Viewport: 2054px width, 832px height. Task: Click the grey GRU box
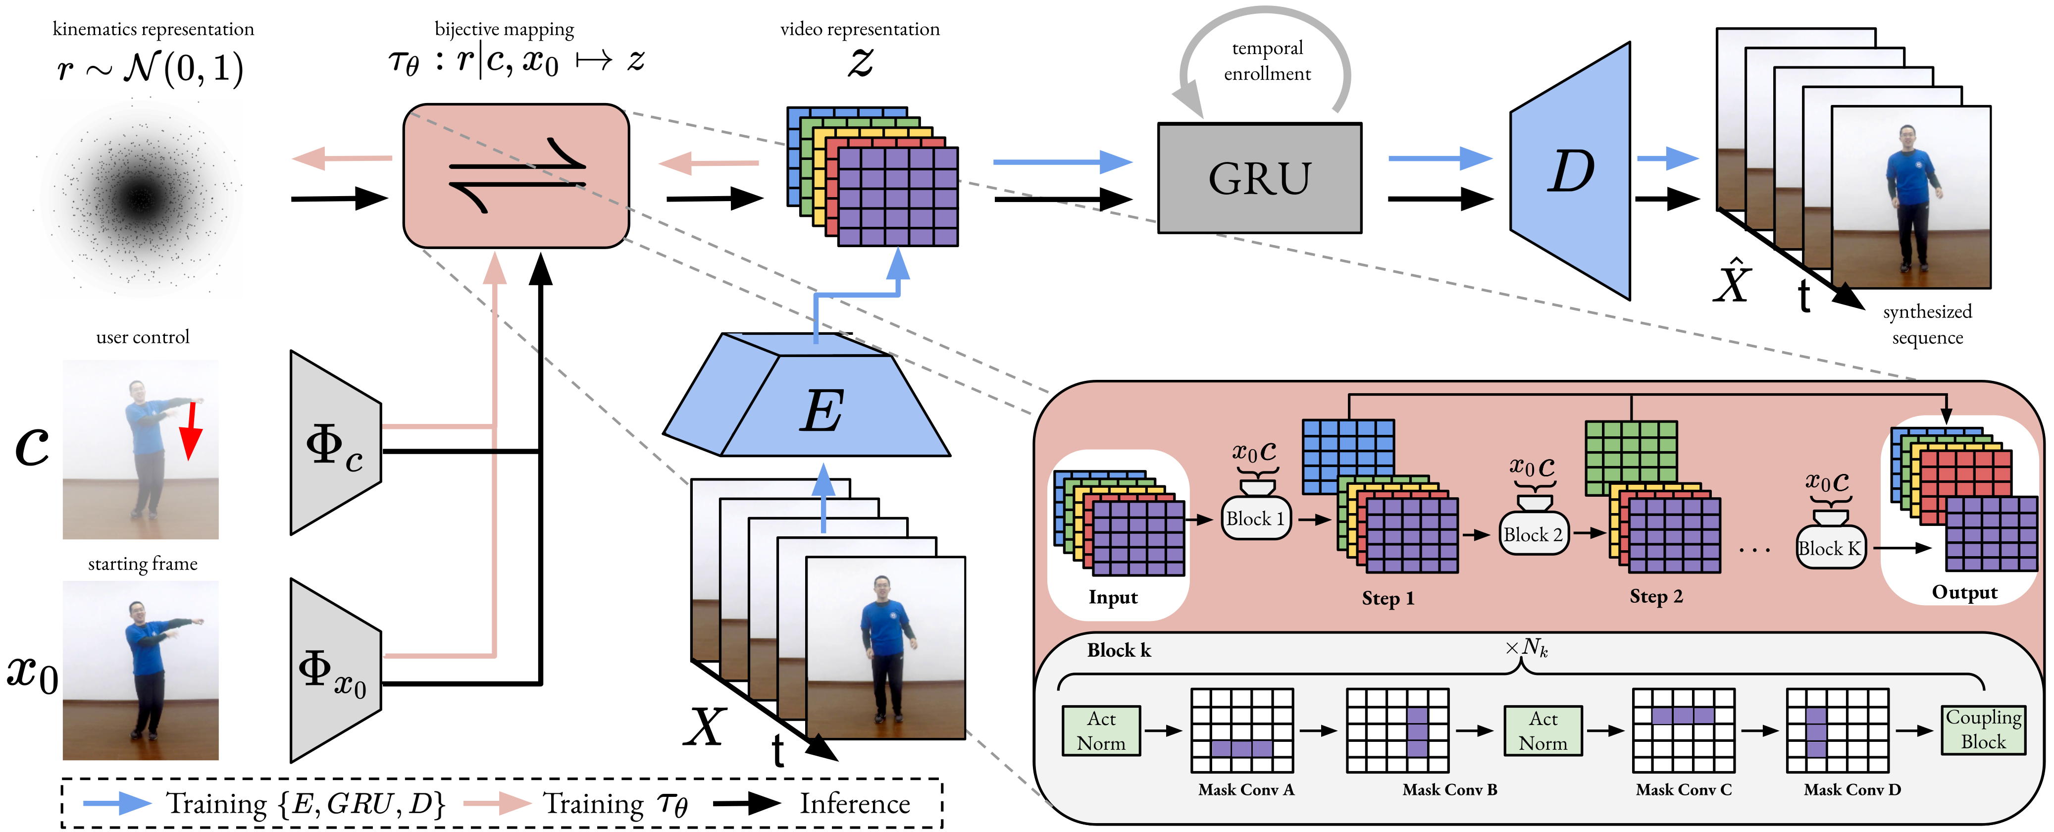pyautogui.click(x=1259, y=178)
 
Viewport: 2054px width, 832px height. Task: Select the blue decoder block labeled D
pyautogui.click(x=1569, y=171)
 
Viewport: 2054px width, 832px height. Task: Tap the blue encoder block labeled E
pyautogui.click(x=822, y=411)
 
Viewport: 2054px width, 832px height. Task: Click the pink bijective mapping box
pyautogui.click(x=516, y=175)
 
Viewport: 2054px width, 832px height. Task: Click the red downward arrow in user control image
pyautogui.click(x=190, y=431)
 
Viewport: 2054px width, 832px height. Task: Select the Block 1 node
pyautogui.click(x=1255, y=519)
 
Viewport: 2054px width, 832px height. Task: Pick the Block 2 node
pyautogui.click(x=1533, y=534)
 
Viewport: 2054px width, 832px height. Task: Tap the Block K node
pyautogui.click(x=1830, y=548)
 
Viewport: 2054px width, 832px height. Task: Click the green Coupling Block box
pyautogui.click(x=1983, y=729)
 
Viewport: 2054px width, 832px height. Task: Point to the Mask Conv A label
pyautogui.click(x=1245, y=790)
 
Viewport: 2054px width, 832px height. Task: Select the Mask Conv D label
pyautogui.click(x=1852, y=790)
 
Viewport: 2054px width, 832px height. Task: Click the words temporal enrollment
pyautogui.click(x=1267, y=60)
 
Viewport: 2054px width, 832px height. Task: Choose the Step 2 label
pyautogui.click(x=1655, y=597)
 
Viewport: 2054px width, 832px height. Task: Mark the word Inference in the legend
pyautogui.click(x=855, y=803)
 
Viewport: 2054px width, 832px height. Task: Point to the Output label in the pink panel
pyautogui.click(x=1964, y=593)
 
